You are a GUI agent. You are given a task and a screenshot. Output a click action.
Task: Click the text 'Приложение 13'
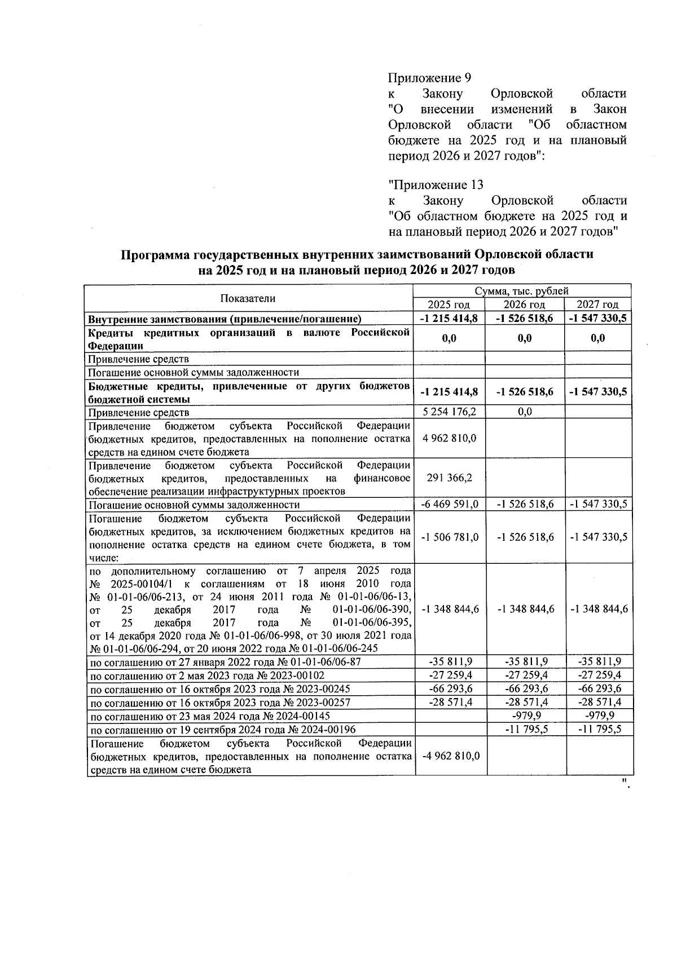click(x=436, y=185)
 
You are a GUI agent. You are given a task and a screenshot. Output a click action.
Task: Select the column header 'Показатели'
click(x=248, y=298)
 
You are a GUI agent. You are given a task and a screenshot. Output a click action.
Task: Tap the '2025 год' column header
click(x=450, y=305)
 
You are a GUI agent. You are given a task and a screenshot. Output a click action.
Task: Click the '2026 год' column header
click(x=525, y=305)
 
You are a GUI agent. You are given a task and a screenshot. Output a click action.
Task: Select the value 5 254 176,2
click(x=450, y=412)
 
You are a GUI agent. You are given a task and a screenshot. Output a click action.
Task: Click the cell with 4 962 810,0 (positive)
click(x=450, y=438)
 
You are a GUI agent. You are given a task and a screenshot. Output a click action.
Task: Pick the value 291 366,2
click(x=450, y=478)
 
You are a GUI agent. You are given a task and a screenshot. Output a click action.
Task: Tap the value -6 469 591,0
click(x=450, y=504)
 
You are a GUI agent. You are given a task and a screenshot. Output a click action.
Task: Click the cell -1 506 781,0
click(x=450, y=537)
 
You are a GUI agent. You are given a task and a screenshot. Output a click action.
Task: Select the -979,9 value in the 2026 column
click(x=525, y=715)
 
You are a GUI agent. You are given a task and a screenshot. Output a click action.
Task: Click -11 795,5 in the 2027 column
click(x=599, y=729)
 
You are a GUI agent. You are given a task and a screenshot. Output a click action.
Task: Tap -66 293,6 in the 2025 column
click(x=450, y=688)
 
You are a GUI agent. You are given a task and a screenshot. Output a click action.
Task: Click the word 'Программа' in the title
click(x=155, y=255)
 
